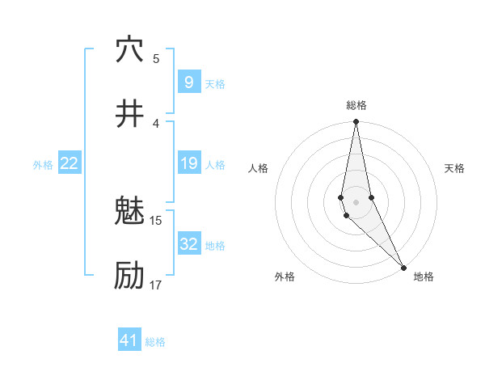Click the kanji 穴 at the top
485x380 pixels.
pos(129,49)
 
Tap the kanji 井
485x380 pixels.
pos(129,114)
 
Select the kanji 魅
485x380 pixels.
pos(129,212)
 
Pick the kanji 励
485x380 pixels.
pos(129,277)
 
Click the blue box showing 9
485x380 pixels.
pos(188,82)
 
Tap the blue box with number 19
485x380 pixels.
pos(188,164)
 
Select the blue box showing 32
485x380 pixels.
pos(188,245)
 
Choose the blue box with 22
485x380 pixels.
pos(69,164)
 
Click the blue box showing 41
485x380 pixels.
pos(129,340)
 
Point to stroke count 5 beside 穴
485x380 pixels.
pos(156,58)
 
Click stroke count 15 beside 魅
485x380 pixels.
pos(156,220)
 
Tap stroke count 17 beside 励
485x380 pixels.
pos(156,285)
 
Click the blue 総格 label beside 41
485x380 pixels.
pos(156,342)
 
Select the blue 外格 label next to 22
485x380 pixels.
pos(43,165)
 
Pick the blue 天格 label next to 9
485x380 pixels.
pos(215,84)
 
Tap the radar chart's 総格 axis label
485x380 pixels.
pos(356,105)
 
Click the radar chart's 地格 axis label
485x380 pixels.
pos(424,277)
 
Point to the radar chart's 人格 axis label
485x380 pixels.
pos(259,168)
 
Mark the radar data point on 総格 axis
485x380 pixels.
pos(356,122)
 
